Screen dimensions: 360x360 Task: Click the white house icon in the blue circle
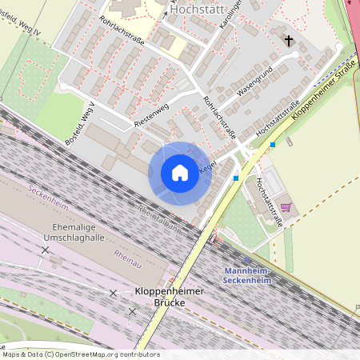[x=180, y=172]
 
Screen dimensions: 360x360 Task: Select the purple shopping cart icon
[x=286, y=208]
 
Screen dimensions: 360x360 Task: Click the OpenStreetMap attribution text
[x=80, y=354]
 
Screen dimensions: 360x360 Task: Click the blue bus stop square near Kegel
[x=236, y=178]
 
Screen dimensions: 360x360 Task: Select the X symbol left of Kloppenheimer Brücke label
[x=113, y=293]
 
